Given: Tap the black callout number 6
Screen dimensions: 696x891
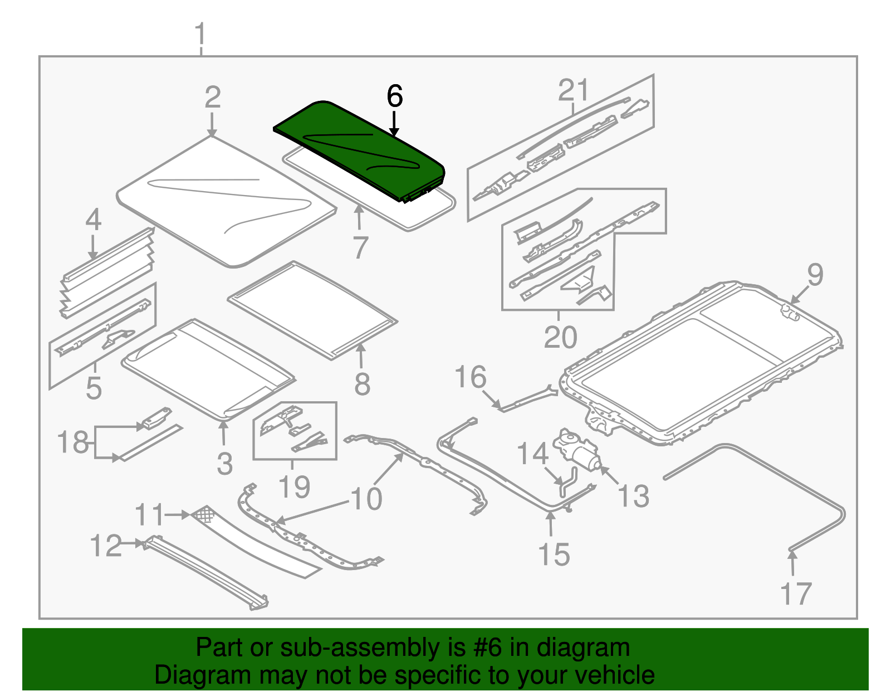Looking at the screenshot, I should tap(394, 97).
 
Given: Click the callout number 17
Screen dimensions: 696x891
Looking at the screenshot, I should tap(796, 594).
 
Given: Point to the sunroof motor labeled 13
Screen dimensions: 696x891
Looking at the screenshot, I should tap(576, 449).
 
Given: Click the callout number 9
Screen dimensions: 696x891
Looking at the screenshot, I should tap(815, 275).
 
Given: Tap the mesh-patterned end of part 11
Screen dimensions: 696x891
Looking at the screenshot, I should tap(203, 514).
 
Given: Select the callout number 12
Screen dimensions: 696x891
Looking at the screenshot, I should tap(106, 546).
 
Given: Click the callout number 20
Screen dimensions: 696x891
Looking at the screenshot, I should tap(560, 337).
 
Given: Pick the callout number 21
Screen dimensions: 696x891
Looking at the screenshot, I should tap(573, 90).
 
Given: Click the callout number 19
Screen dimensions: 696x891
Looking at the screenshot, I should tap(294, 487).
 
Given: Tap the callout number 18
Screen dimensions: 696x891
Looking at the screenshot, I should tap(73, 443).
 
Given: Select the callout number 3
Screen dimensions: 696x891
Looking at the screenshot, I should tap(224, 464).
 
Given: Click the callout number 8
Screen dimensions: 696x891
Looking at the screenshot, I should tap(362, 384).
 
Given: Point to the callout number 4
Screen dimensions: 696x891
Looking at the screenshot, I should tap(93, 220).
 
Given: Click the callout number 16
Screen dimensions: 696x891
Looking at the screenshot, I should tap(471, 377).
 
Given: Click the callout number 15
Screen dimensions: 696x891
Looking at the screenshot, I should tap(554, 554).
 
